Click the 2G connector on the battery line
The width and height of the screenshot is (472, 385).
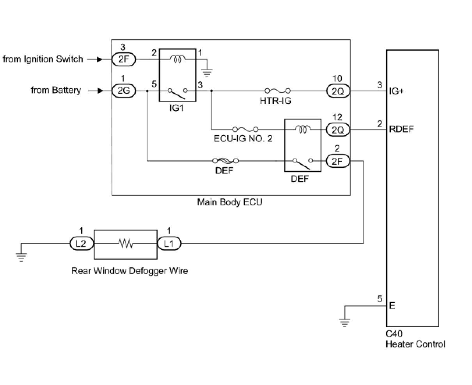click(124, 91)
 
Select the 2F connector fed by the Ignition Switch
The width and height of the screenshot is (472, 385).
click(124, 59)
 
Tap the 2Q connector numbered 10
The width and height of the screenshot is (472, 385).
click(338, 91)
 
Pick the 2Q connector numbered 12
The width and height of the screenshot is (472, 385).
click(338, 129)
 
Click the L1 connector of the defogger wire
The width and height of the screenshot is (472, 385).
click(169, 244)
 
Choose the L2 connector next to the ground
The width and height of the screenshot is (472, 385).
click(82, 244)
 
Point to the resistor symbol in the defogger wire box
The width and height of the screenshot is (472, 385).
click(126, 244)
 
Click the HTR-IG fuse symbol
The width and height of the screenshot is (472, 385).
click(277, 91)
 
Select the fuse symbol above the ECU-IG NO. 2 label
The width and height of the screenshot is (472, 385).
click(245, 129)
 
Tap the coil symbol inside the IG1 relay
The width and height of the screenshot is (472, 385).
click(177, 59)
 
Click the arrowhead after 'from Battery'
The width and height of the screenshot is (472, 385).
click(100, 91)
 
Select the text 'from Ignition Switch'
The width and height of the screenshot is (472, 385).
click(43, 59)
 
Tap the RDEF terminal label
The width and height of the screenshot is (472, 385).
click(401, 129)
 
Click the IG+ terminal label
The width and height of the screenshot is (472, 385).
click(396, 91)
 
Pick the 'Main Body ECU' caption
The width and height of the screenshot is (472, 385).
click(230, 202)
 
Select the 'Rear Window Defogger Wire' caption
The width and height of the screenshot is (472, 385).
click(130, 271)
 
